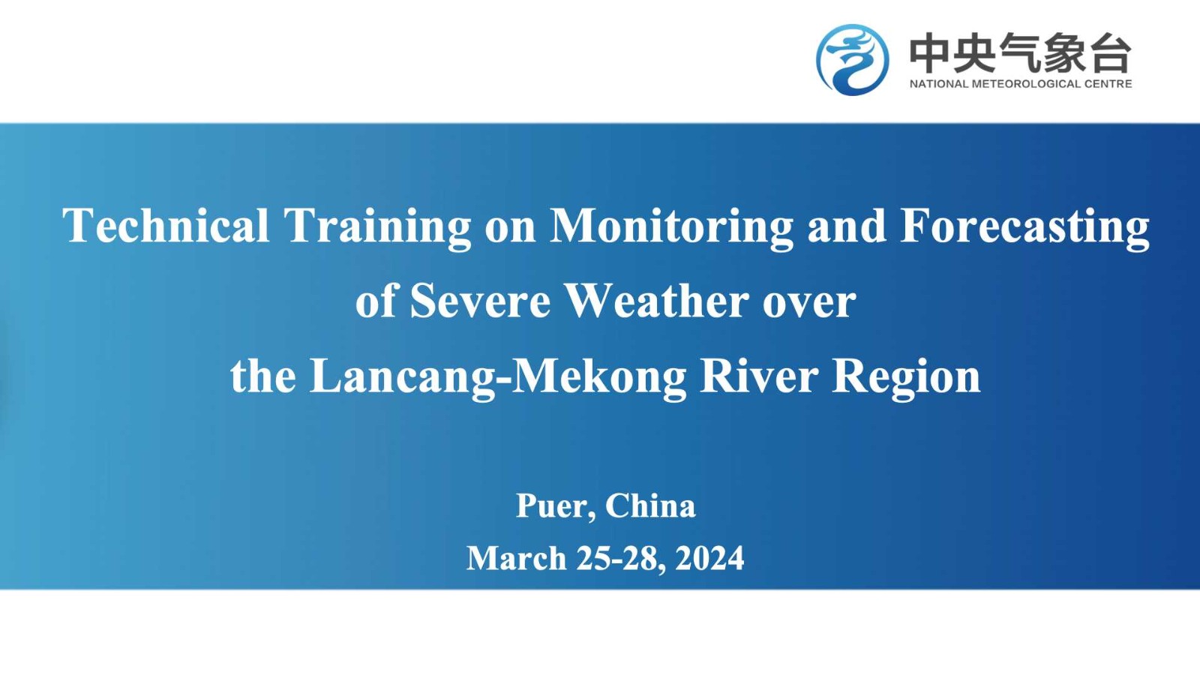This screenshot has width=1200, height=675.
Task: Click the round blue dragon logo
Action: coord(852,59)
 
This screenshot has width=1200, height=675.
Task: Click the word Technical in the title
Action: coord(166,226)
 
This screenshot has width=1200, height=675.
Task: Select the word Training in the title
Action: coord(377,228)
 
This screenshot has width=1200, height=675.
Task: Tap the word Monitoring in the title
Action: coord(671,228)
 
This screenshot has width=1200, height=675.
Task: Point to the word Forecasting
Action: coord(1024,228)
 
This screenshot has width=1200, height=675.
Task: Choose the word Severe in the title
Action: coord(480,301)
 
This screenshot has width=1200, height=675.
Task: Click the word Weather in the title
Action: coord(657,301)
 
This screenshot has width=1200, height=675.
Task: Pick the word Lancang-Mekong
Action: coord(498,378)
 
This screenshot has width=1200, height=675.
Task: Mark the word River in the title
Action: coord(759,376)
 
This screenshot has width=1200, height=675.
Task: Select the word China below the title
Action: coord(650,505)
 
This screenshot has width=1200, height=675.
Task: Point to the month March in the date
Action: coord(517,558)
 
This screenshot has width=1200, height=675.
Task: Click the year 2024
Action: coord(709,558)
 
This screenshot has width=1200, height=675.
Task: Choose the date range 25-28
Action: coord(621,559)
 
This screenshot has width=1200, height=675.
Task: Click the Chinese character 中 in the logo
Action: coord(929,52)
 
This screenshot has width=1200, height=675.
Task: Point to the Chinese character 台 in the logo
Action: coord(1111,52)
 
